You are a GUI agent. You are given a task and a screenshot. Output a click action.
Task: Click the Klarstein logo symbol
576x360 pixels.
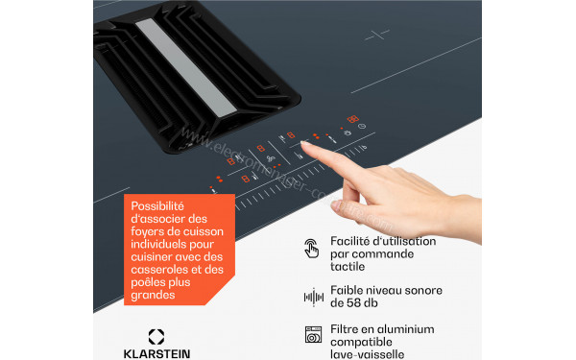click(x=155, y=338)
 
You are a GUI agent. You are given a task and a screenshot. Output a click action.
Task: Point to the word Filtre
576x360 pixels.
click(x=346, y=327)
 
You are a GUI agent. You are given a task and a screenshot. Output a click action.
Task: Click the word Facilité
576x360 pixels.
click(x=352, y=240)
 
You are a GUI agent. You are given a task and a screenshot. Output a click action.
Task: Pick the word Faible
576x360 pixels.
click(x=348, y=288)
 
